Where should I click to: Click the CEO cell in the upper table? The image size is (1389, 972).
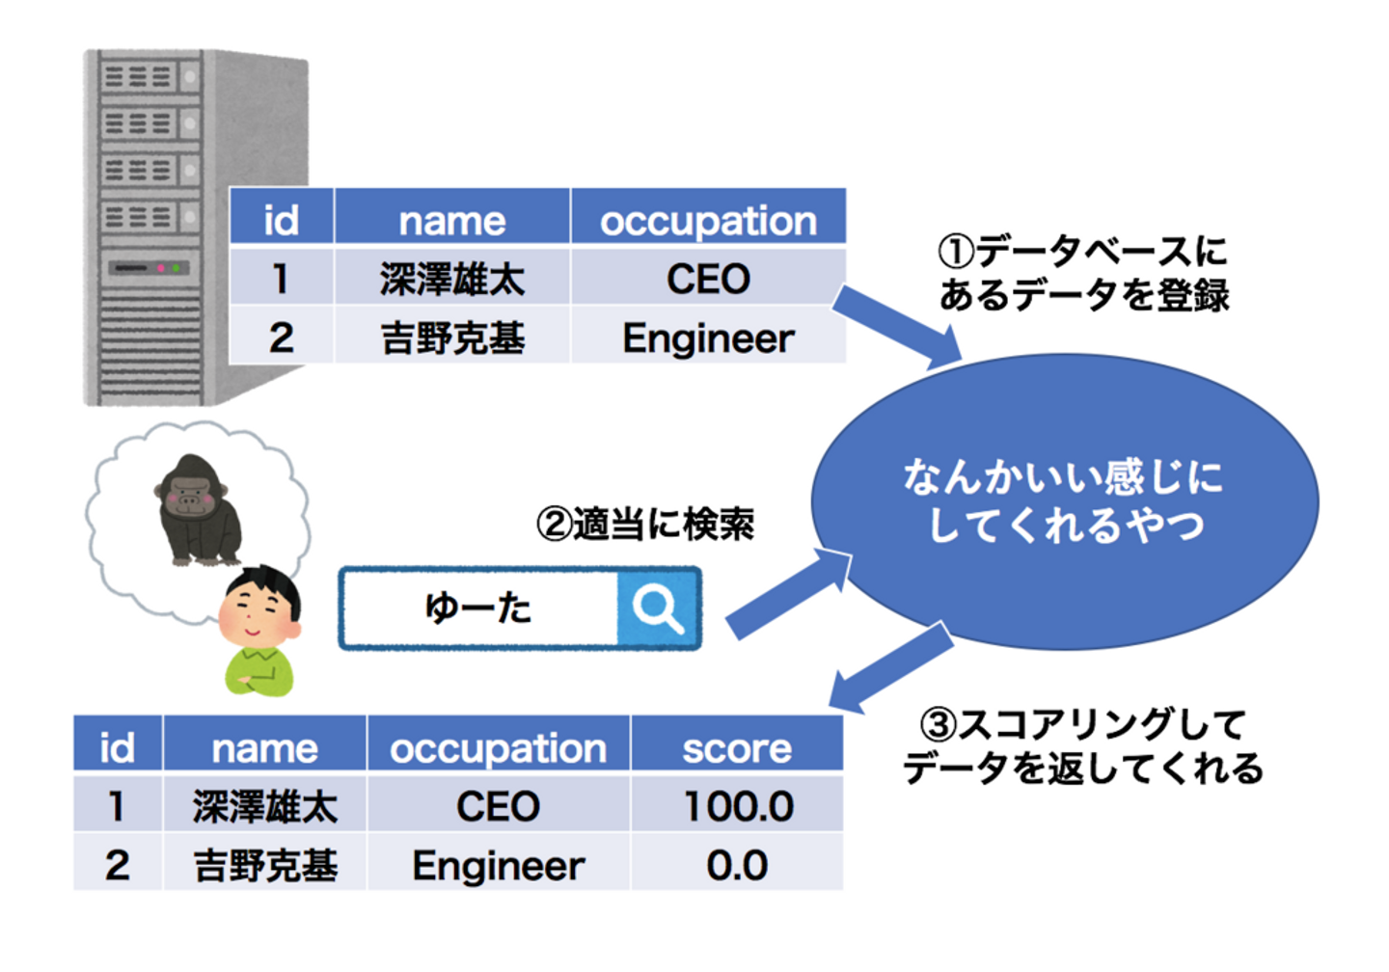[708, 280]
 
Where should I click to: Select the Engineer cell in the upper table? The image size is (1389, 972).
[708, 338]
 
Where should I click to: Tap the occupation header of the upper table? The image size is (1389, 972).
[708, 221]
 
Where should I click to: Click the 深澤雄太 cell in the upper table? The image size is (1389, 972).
[451, 280]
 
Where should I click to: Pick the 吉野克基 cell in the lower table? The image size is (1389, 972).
[265, 865]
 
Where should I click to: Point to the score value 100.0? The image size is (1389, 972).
[738, 806]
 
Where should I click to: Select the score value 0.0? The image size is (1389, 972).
[737, 865]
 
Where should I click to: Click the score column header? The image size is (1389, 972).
[737, 748]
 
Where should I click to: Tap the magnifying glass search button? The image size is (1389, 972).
[658, 608]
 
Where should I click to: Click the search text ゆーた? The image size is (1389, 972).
[478, 608]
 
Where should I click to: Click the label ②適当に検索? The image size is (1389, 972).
[645, 524]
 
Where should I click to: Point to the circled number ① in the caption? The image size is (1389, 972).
[957, 253]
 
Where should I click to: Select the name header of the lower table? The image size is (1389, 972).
[265, 748]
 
